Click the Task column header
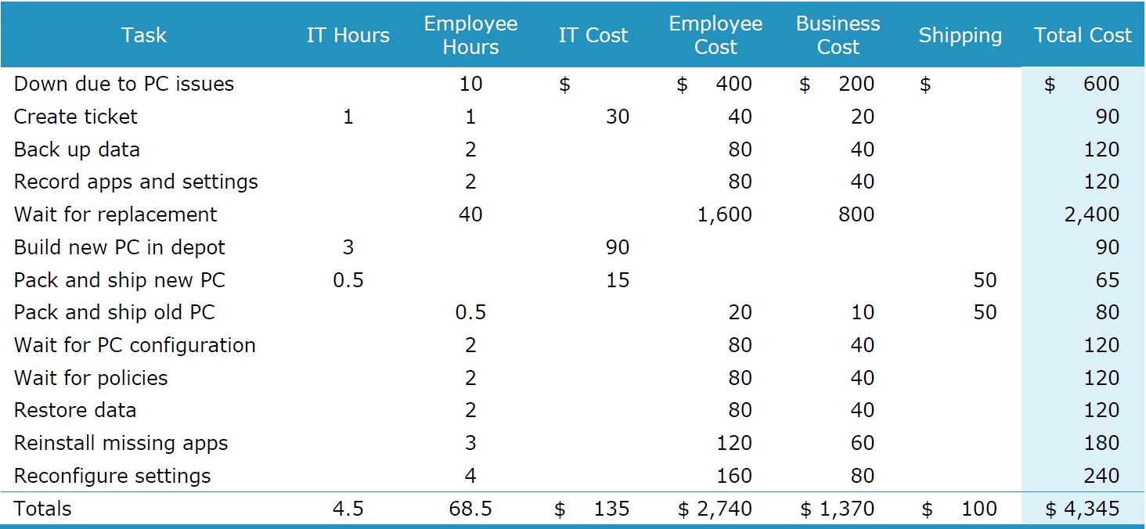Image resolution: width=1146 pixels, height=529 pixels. click(x=144, y=35)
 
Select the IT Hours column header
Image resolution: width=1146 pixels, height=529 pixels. click(x=348, y=35)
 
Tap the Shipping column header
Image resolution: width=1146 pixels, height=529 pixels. click(x=960, y=35)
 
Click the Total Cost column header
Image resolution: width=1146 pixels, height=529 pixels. click(x=1083, y=35)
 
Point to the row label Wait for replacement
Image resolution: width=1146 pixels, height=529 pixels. click(x=115, y=214)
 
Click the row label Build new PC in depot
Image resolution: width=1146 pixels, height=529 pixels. click(x=119, y=247)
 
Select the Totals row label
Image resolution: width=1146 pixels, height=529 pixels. click(x=42, y=509)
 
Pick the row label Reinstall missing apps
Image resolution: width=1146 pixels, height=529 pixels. click(x=121, y=443)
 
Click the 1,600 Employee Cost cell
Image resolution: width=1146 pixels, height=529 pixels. click(x=724, y=214)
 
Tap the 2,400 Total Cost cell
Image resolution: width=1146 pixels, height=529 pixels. click(x=1091, y=214)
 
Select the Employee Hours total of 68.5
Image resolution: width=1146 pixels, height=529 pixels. click(x=470, y=509)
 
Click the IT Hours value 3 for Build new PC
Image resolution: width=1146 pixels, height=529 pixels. click(x=348, y=247)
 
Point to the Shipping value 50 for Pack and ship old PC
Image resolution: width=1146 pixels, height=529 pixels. click(x=985, y=312)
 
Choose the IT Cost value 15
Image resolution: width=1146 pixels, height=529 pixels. click(x=618, y=280)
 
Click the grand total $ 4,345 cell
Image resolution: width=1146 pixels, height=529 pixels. click(x=1083, y=509)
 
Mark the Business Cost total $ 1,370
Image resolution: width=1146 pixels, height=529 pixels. click(x=838, y=509)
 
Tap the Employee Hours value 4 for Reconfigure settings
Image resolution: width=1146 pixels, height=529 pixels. click(x=470, y=476)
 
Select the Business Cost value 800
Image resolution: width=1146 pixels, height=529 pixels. click(x=856, y=214)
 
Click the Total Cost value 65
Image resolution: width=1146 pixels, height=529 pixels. click(x=1107, y=280)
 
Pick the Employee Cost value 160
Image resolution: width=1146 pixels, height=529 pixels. click(x=734, y=476)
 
